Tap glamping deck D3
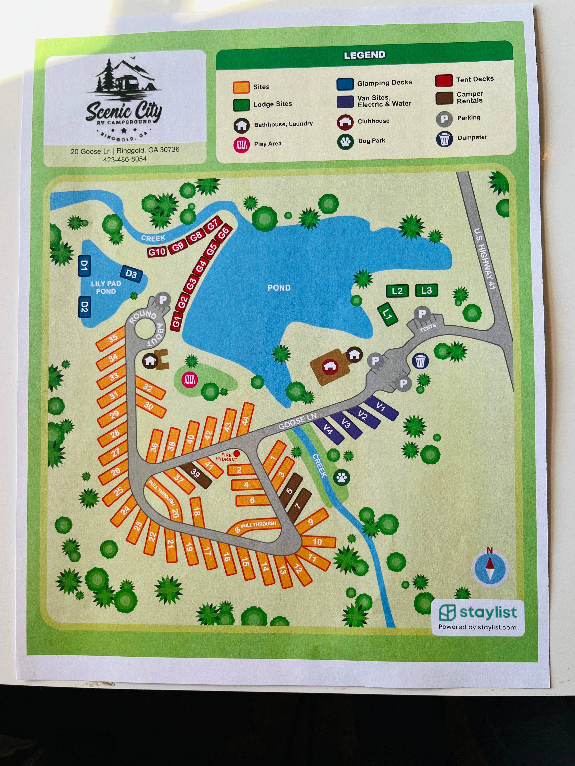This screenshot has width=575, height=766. [131, 274]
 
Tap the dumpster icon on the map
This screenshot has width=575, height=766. [420, 361]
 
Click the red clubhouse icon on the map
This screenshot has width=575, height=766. [330, 366]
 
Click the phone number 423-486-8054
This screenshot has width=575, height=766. [125, 159]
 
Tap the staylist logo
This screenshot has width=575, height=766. [478, 613]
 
